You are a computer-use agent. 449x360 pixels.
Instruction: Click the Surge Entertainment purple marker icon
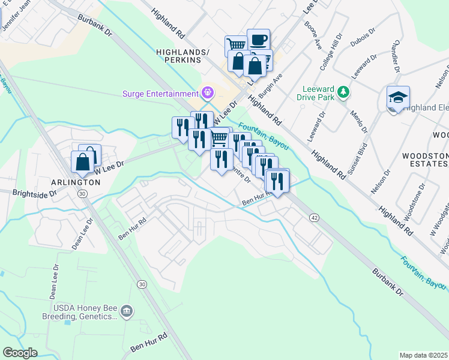pos(208,93)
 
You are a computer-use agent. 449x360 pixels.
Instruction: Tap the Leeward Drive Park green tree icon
pos(343,92)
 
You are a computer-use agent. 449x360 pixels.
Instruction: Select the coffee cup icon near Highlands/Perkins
pos(258,40)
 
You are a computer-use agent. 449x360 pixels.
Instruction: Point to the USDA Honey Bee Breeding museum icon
pos(127,311)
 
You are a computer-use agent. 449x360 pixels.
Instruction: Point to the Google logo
pos(20,353)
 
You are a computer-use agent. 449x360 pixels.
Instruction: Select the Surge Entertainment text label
pos(160,94)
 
